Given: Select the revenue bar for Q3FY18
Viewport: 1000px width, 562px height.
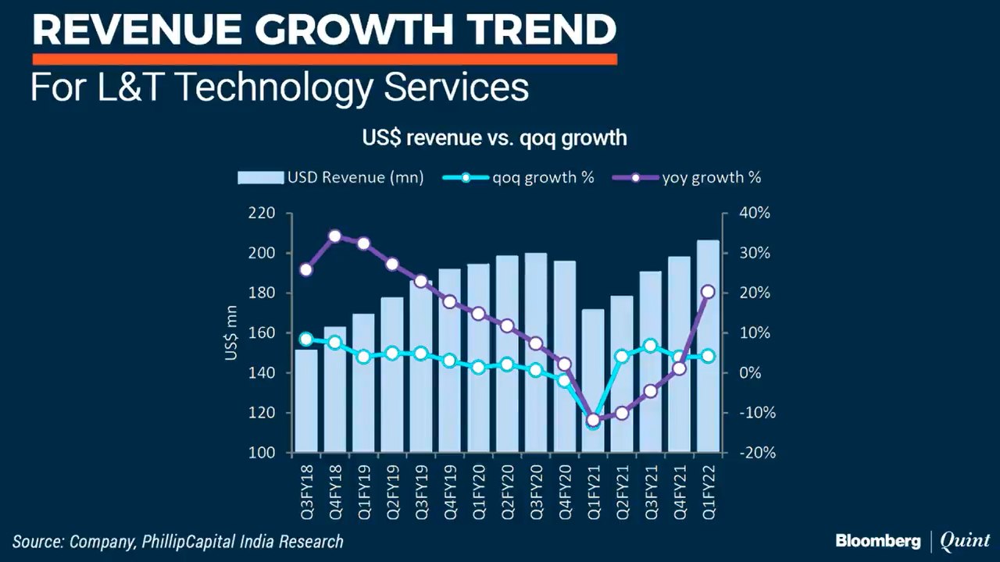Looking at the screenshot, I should (306, 406).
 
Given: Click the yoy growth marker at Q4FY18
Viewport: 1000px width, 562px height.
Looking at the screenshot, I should (334, 236).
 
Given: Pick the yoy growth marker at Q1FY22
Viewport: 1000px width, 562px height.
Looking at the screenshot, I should (708, 291).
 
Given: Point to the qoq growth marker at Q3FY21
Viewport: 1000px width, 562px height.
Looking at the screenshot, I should (650, 346).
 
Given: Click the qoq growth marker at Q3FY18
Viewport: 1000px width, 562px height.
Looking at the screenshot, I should (306, 339).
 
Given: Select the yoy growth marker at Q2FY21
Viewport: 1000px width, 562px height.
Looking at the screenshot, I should (622, 413).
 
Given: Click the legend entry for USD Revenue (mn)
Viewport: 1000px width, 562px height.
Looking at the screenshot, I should (330, 178).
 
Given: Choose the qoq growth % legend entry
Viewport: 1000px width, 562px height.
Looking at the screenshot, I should (519, 178).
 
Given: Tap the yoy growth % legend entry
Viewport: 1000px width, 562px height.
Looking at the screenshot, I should (687, 178).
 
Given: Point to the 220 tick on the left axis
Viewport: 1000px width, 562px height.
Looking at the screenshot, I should (262, 213).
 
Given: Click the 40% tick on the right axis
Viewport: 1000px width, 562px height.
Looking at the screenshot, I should (755, 213).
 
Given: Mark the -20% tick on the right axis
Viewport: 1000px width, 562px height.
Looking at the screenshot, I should (755, 453).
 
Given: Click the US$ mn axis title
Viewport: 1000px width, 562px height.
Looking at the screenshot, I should (231, 333).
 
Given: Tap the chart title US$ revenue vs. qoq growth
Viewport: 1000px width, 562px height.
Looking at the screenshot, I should (494, 138).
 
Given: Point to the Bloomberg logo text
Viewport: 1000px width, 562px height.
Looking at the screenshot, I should (878, 540).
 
